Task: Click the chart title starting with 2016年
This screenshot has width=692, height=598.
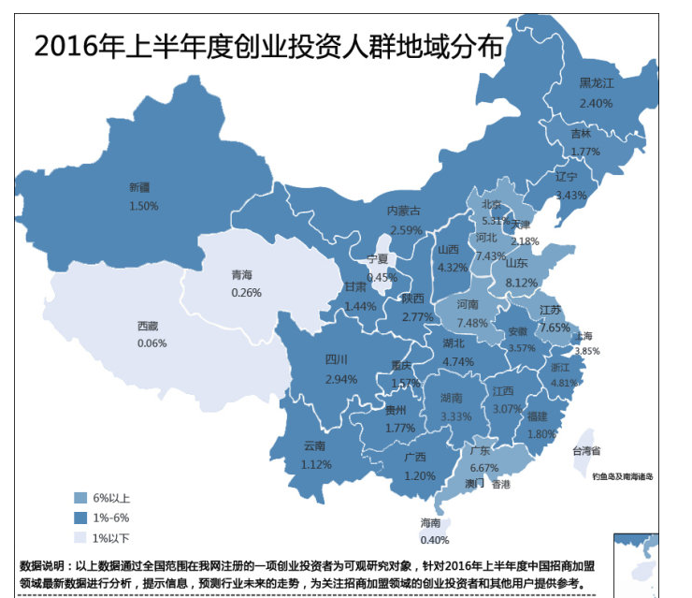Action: point(267,46)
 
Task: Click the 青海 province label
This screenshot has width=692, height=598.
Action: point(241,275)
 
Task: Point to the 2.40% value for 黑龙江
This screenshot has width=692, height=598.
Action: point(596,102)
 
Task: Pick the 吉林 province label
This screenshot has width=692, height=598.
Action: point(582,134)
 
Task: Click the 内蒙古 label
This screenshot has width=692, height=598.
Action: point(406,211)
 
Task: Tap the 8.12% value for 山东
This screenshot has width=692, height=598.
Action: point(521,282)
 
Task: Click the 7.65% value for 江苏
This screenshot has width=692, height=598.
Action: point(555,328)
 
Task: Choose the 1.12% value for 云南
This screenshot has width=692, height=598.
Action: point(317,464)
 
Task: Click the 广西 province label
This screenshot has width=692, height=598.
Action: point(415,458)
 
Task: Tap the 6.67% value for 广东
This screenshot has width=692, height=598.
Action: point(483,468)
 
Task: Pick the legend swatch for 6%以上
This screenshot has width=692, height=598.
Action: point(81,497)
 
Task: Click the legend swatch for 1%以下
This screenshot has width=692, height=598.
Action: point(81,537)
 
